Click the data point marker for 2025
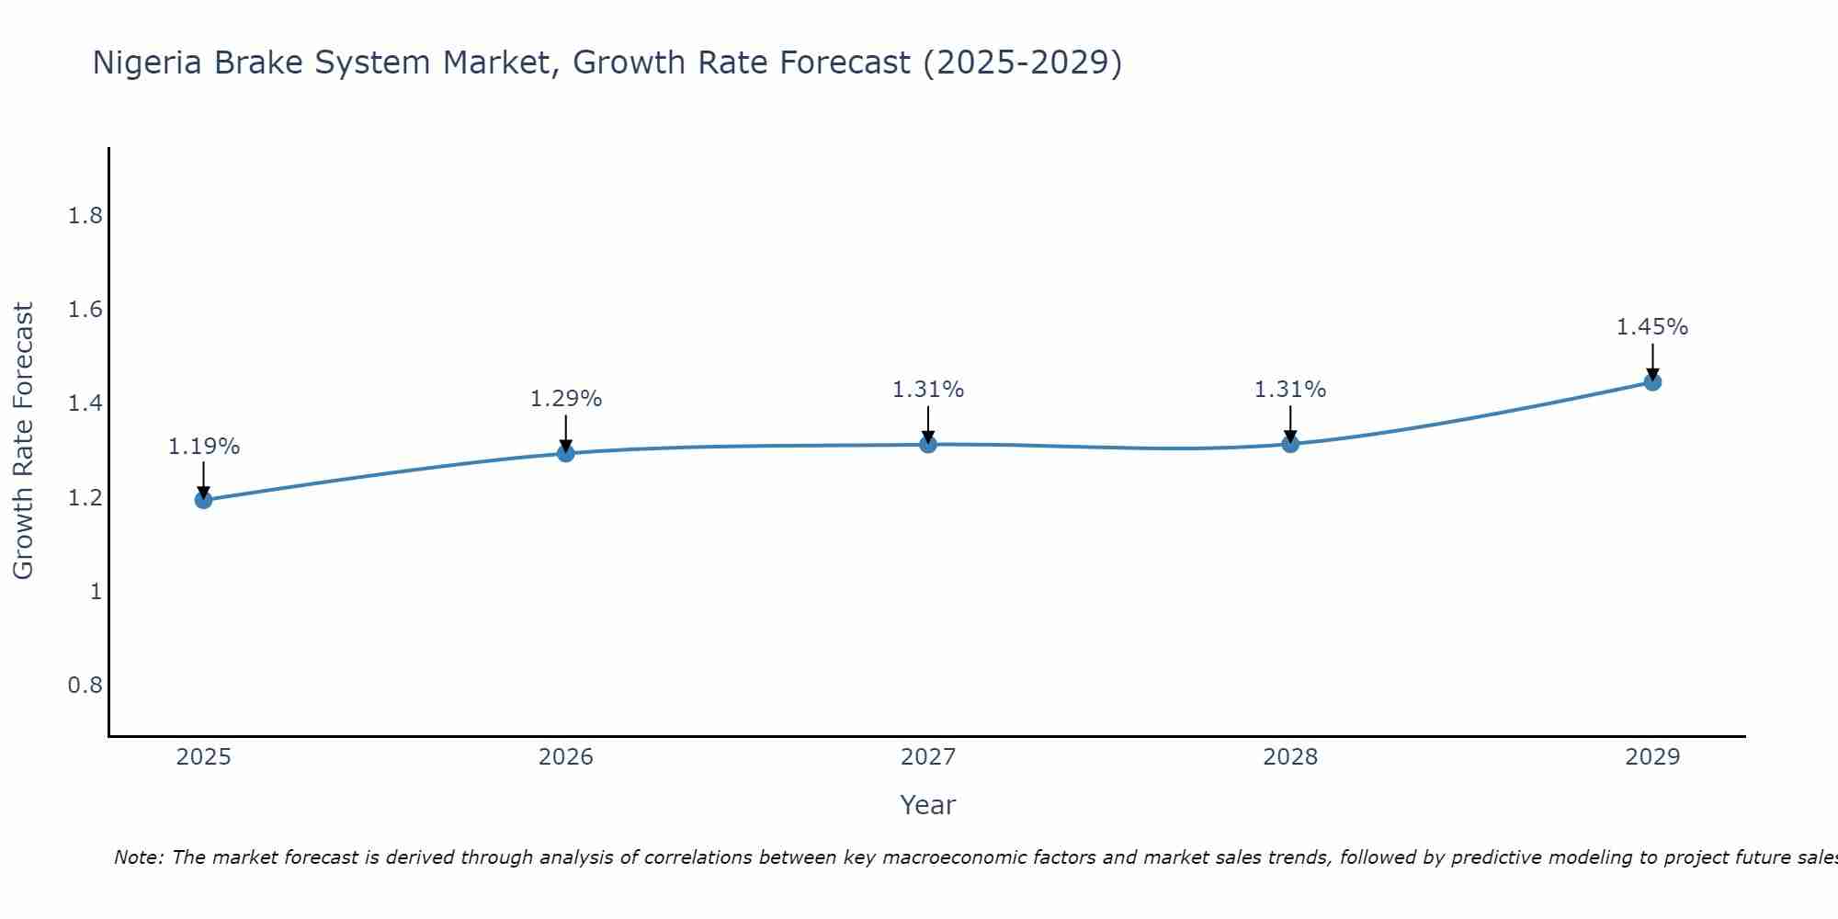coord(203,500)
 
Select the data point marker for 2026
coord(565,453)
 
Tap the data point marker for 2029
coord(1651,381)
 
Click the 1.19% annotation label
coord(203,447)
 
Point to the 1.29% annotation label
coord(565,399)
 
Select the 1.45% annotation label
coord(1651,327)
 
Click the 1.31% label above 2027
coord(927,390)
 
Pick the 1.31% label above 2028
coord(1289,390)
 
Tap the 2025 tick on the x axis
coord(203,757)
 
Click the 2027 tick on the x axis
coord(927,757)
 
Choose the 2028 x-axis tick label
coord(1289,757)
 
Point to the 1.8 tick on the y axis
coord(85,216)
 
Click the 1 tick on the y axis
coord(96,592)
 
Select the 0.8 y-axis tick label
coord(85,686)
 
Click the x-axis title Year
coord(927,805)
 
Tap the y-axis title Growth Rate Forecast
coord(23,441)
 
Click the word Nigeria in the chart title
coord(149,62)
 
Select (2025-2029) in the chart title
coord(1022,62)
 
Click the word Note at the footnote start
coord(138,857)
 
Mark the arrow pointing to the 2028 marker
coord(1289,425)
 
